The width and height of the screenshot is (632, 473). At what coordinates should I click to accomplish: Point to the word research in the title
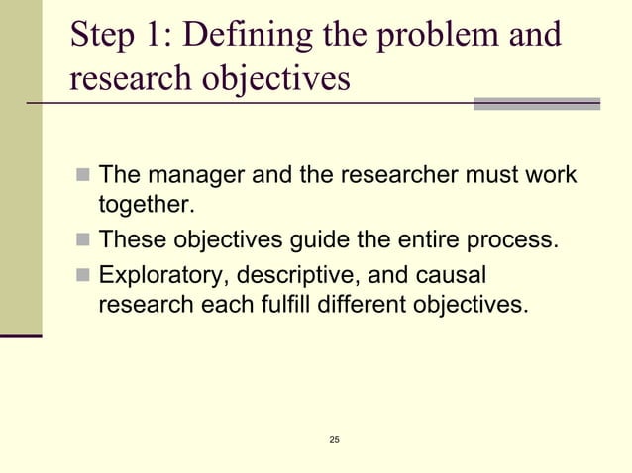tap(129, 79)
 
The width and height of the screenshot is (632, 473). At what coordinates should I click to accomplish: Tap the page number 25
tap(334, 438)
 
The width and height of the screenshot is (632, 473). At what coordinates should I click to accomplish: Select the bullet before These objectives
tap(82, 240)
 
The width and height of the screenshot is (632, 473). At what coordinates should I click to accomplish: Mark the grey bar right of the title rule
tap(537, 103)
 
